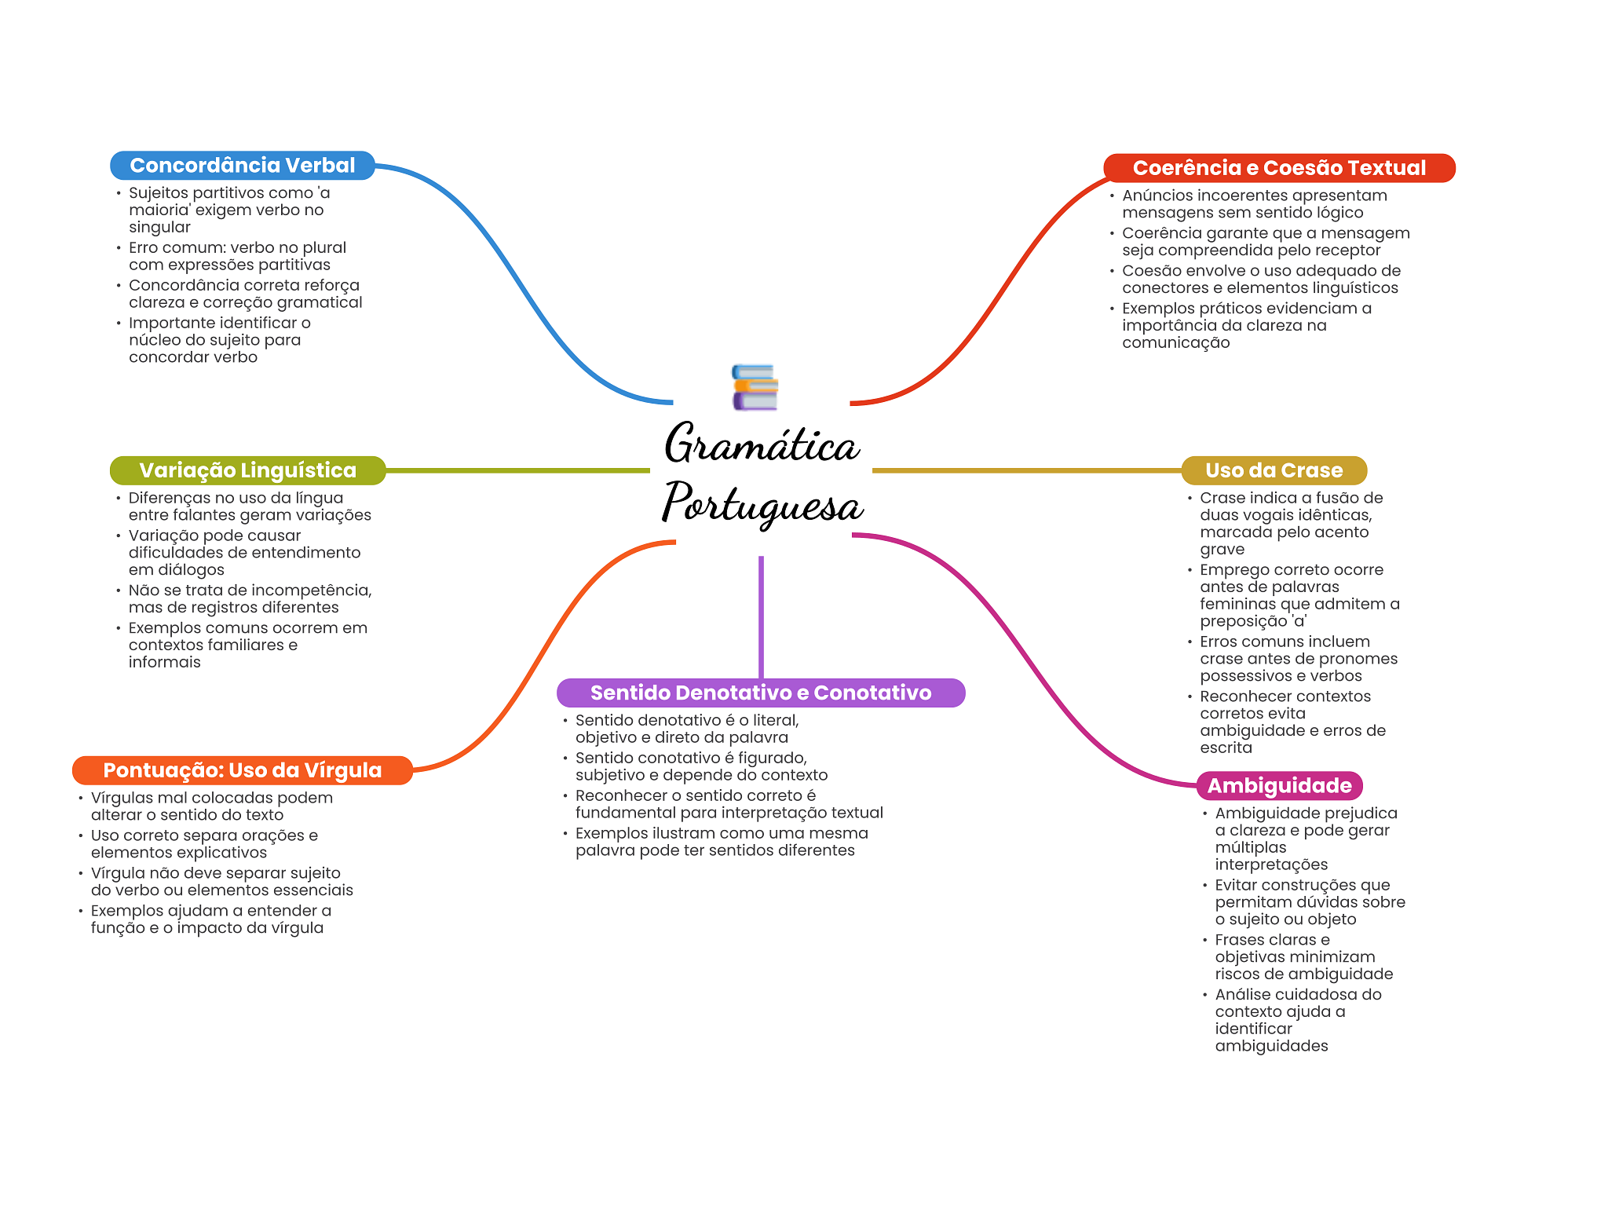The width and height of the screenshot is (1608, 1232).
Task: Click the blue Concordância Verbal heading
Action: coord(242,166)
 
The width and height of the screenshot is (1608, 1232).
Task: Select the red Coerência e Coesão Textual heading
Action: coord(1278,168)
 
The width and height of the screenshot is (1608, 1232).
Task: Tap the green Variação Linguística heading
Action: coord(247,470)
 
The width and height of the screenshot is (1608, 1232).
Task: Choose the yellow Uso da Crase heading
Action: coord(1274,470)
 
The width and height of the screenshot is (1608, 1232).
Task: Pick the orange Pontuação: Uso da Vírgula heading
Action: coord(242,770)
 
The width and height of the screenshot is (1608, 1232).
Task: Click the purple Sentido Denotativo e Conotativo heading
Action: coord(760,693)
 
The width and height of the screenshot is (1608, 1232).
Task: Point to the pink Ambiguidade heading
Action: coord(1279,785)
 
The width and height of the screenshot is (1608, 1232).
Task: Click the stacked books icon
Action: coord(755,387)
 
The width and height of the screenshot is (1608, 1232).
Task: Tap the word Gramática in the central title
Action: coord(762,444)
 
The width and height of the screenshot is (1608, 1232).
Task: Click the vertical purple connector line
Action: coord(761,616)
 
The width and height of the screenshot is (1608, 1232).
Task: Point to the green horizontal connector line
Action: coord(518,470)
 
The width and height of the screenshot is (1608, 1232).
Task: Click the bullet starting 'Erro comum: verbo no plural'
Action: coord(237,256)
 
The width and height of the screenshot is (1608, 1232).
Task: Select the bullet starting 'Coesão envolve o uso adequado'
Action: coord(1260,279)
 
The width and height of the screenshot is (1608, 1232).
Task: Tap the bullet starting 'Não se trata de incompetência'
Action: coord(250,598)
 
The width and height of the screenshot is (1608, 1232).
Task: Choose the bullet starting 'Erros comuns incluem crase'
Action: coord(1298,658)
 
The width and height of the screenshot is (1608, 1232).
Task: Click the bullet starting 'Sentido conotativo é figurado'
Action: coord(701,766)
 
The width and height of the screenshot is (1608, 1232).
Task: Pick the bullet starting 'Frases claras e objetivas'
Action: coord(1303,956)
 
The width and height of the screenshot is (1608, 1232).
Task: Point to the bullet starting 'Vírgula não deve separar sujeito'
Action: coord(221,881)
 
